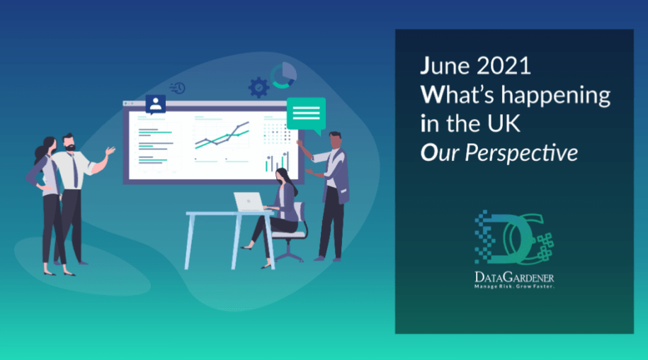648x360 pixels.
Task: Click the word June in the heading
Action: (x=445, y=66)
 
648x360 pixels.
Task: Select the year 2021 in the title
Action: (x=504, y=66)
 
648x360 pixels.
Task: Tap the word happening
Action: (x=555, y=96)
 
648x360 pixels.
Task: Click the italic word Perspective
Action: (x=521, y=153)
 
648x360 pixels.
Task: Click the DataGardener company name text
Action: (x=514, y=277)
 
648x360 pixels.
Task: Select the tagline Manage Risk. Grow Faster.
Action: (x=514, y=286)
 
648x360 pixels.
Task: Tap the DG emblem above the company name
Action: (x=514, y=237)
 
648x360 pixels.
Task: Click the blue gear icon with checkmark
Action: (x=258, y=87)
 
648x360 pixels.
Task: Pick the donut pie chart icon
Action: (x=283, y=75)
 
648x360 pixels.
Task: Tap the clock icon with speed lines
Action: (x=178, y=88)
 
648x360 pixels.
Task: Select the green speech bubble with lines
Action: (x=306, y=116)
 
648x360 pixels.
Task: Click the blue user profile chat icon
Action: (x=155, y=105)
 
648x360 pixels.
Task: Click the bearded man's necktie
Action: (x=75, y=170)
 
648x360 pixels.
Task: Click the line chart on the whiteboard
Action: (x=222, y=135)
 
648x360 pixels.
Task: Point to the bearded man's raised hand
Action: (x=110, y=151)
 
